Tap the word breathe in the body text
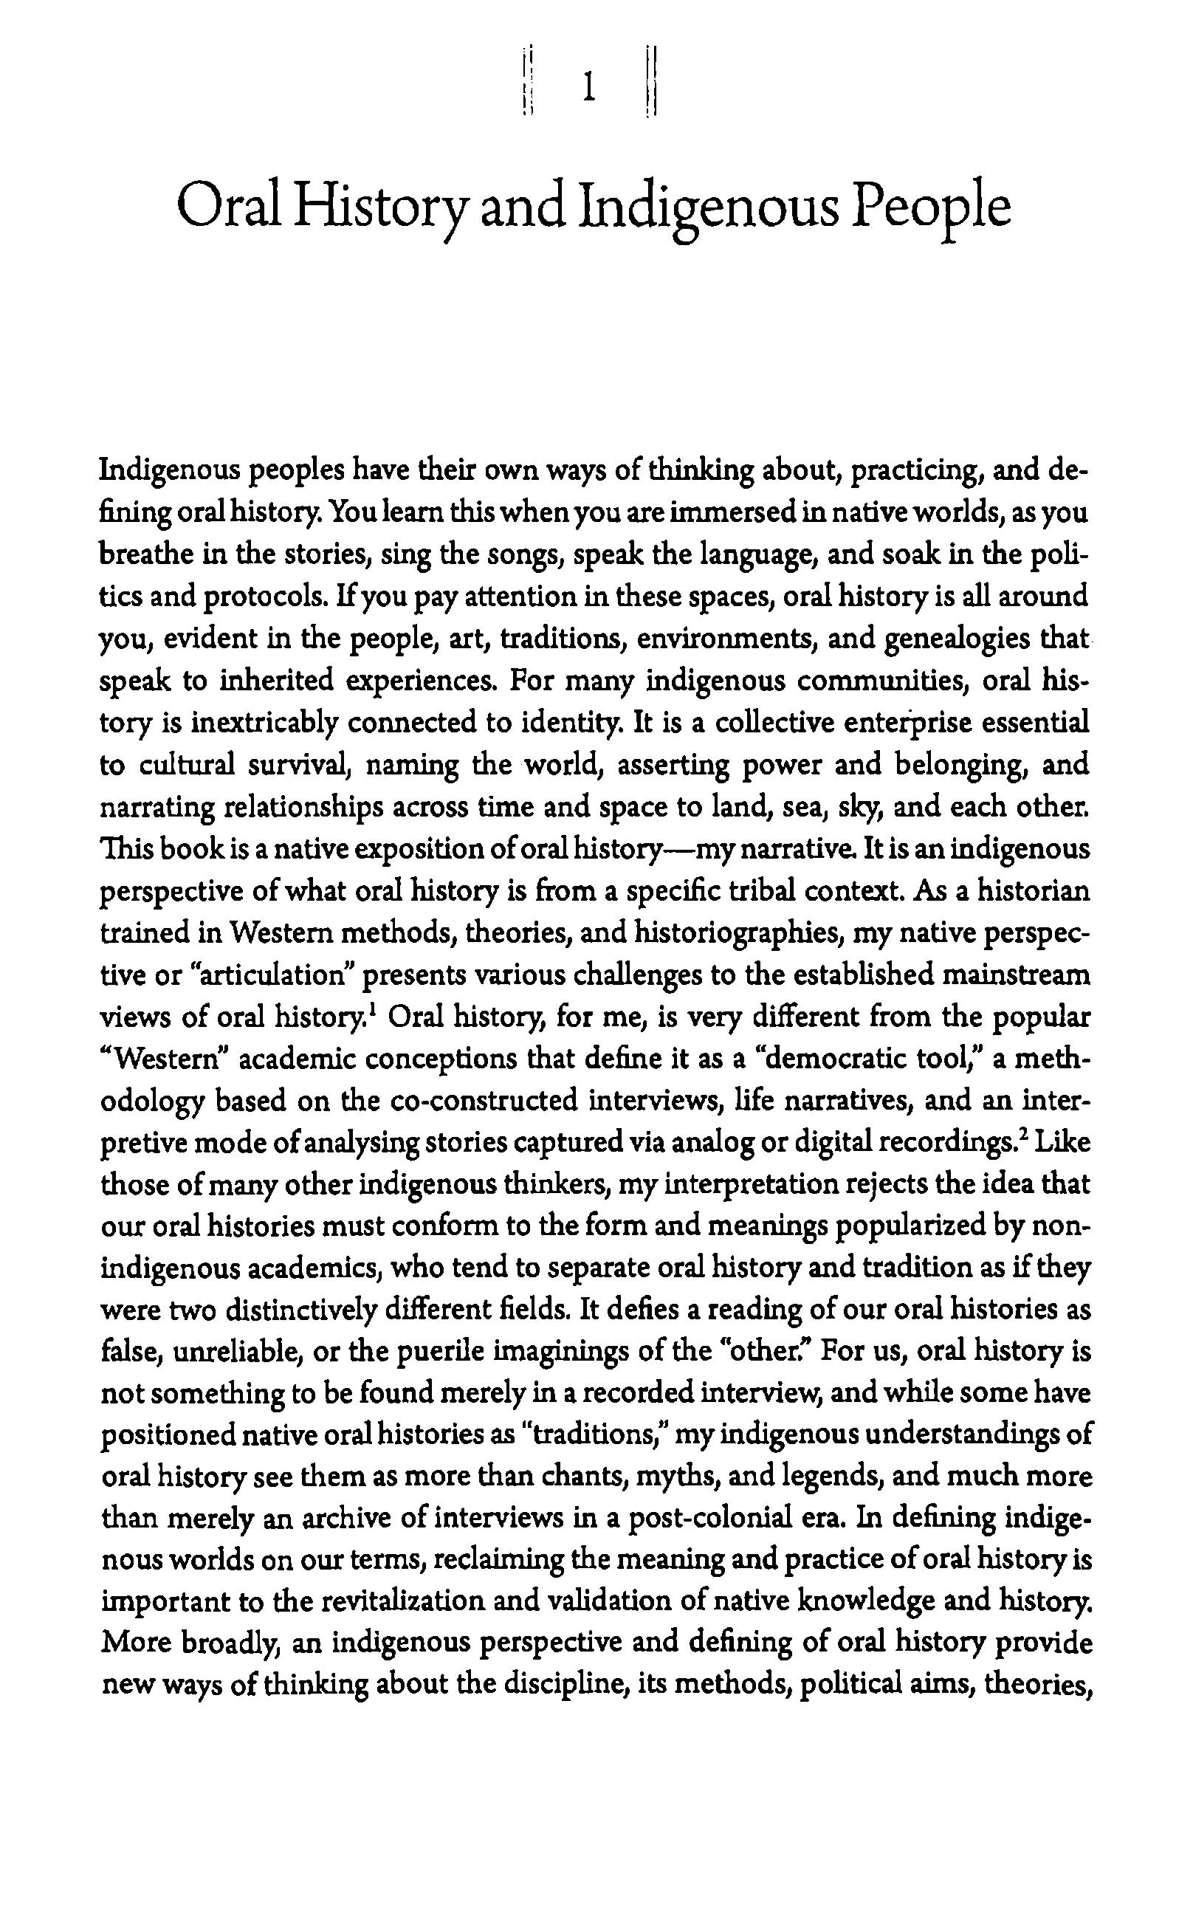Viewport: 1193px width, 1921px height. tap(140, 554)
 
